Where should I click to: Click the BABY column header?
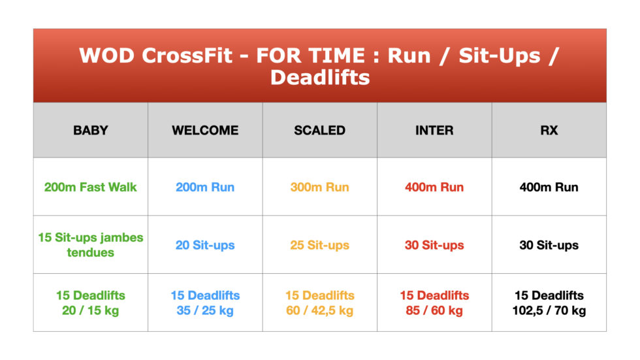coord(91,130)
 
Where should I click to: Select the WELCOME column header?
coord(205,130)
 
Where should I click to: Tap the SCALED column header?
coord(319,130)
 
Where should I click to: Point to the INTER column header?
coord(434,130)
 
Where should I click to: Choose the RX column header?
coord(549,130)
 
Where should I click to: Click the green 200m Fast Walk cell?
coord(91,187)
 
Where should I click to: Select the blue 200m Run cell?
coord(205,187)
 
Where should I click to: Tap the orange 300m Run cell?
coord(319,187)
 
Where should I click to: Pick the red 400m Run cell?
coord(434,187)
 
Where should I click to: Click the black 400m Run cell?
coord(549,187)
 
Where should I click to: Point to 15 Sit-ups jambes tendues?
coord(91,244)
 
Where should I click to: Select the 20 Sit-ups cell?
coord(205,245)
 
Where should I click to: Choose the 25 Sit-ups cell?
coord(319,245)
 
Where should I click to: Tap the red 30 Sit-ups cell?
coord(434,245)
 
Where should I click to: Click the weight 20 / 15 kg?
coord(91,310)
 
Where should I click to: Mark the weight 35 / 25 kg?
coord(205,310)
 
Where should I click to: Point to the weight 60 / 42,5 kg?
coord(319,310)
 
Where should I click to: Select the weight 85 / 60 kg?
coord(434,310)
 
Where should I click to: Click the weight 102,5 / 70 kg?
coord(549,310)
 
